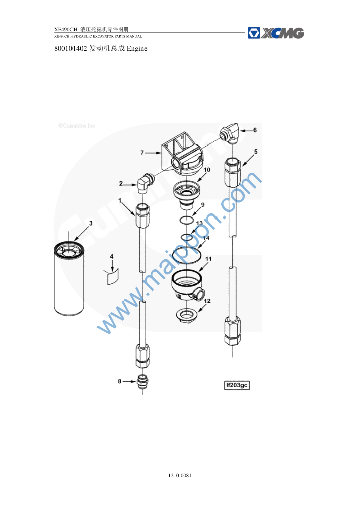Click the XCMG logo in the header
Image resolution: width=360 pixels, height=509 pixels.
(x=275, y=33)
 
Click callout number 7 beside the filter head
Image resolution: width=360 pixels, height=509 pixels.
(x=142, y=152)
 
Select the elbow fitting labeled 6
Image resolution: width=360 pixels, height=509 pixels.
(x=230, y=133)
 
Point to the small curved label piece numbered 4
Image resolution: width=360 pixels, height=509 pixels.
(x=113, y=276)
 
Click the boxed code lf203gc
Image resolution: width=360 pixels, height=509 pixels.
(x=237, y=385)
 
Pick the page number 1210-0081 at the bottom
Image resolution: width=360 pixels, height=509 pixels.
(x=180, y=475)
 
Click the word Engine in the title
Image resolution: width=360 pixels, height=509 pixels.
(x=137, y=49)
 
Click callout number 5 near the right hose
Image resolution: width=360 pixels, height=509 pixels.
(x=256, y=151)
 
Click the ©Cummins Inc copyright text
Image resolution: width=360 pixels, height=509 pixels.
(x=77, y=126)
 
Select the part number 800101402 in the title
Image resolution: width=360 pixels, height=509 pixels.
(x=70, y=49)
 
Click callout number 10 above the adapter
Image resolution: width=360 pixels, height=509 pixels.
(x=207, y=170)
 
